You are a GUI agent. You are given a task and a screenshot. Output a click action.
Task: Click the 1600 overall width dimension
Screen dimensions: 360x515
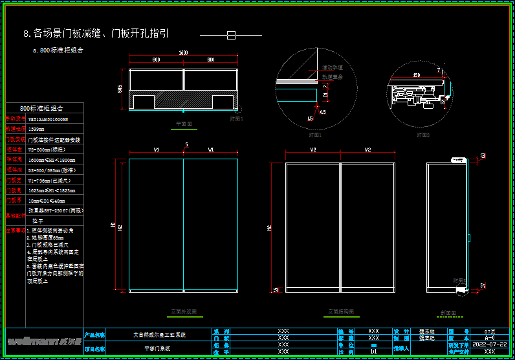click(x=183, y=52)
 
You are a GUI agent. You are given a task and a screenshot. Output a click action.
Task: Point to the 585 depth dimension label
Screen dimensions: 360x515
click(x=120, y=89)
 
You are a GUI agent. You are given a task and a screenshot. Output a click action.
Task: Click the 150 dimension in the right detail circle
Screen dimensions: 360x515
click(x=417, y=76)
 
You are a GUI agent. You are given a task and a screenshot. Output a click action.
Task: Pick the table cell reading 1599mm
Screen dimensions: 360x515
click(x=38, y=129)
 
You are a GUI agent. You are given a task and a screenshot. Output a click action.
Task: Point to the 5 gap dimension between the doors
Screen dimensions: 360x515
click(x=186, y=144)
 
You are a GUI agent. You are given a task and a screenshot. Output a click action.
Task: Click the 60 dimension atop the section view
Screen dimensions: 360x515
click(x=483, y=156)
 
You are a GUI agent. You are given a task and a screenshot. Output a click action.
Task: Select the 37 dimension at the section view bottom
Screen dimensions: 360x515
click(x=483, y=285)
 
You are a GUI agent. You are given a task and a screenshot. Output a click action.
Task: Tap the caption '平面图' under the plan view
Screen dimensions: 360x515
click(x=184, y=122)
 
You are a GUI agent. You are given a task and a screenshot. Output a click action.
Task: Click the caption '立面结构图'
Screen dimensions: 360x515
click(x=340, y=311)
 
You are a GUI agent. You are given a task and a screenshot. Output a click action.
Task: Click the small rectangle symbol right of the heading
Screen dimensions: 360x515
click(x=231, y=34)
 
